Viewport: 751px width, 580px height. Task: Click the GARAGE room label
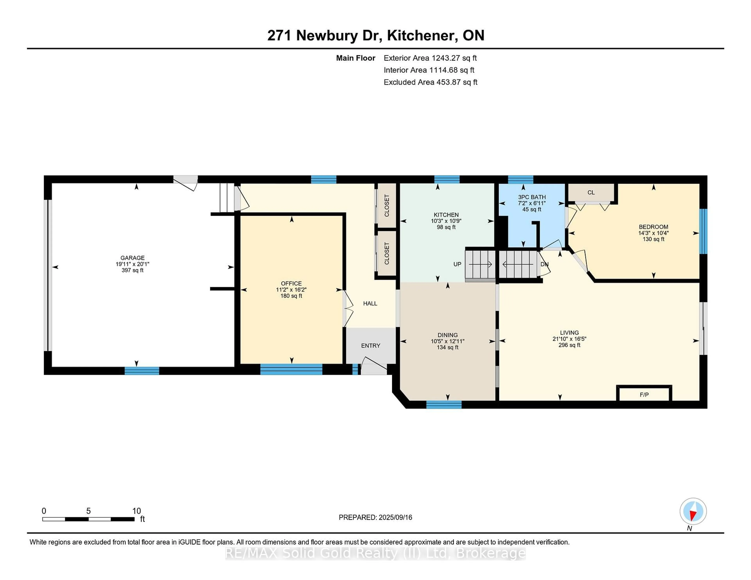(x=132, y=258)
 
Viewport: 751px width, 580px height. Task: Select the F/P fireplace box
(x=644, y=395)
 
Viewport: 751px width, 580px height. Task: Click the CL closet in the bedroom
(x=591, y=192)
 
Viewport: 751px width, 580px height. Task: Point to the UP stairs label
(x=457, y=264)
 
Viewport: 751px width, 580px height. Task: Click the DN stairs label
(x=544, y=264)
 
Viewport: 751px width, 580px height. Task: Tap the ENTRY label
(x=370, y=346)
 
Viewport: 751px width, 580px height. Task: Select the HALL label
(x=370, y=303)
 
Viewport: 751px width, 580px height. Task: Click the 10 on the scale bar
(x=137, y=511)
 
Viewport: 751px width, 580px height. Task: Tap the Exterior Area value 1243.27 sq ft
(x=454, y=58)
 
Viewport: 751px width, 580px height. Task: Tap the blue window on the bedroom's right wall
(x=703, y=231)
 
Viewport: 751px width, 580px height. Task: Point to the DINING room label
(x=447, y=335)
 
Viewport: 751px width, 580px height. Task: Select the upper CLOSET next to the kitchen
(x=386, y=205)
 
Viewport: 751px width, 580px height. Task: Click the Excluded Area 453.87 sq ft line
(x=430, y=82)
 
